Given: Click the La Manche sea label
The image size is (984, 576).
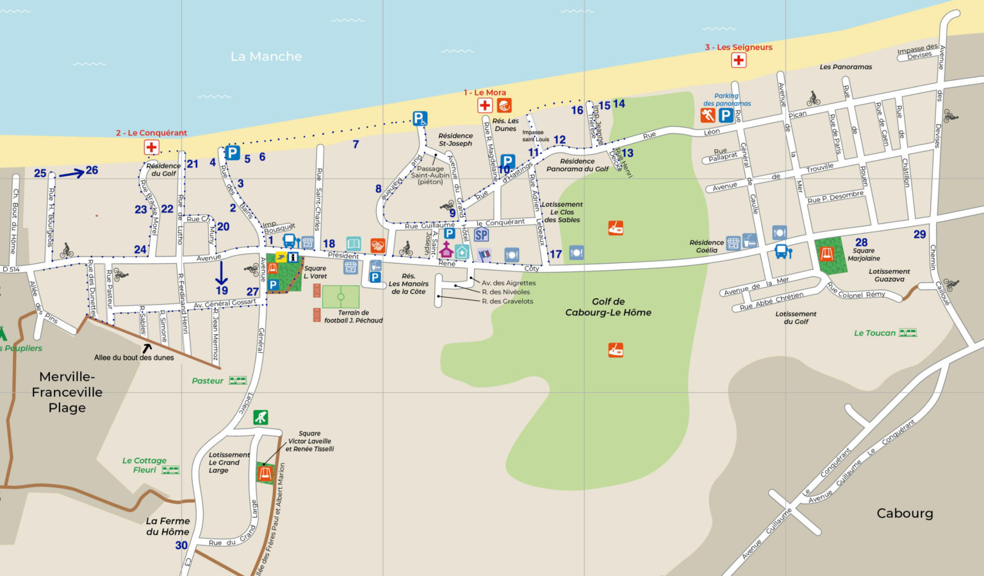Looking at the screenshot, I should point(266,56).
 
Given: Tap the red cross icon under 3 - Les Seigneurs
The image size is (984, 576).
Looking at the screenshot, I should point(739,60).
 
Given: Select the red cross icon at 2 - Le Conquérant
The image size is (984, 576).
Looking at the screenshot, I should point(151,148).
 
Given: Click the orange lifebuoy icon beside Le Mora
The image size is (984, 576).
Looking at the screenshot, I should point(504,106).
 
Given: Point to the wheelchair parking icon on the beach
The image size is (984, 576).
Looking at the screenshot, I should point(420,118).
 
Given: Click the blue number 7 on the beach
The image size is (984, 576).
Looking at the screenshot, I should point(356,144).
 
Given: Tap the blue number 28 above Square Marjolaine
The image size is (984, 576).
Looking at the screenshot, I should point(861,242).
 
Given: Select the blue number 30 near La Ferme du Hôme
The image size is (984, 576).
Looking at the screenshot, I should point(181,545).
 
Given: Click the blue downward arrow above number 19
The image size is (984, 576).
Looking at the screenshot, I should point(221,273).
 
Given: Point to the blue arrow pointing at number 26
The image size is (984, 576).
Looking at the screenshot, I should point(72,173).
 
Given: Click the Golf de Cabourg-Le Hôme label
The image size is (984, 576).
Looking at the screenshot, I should point(608,307).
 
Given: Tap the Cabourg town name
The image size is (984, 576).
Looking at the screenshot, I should point(905,513).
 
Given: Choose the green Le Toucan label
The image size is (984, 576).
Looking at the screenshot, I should point(874,333).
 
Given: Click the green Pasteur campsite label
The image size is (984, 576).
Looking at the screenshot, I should point(208,381).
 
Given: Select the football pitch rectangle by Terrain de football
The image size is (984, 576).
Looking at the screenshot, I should point(340,297).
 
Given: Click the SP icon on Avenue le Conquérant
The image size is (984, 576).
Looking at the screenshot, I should point(481,235).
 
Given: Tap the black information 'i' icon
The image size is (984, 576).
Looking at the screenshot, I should point(293,257).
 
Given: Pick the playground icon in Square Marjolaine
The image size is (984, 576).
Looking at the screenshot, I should point(827,254).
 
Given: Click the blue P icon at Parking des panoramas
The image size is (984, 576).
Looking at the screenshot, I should point(725,115).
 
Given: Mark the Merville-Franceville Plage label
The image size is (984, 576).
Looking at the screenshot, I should point(67,392).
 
